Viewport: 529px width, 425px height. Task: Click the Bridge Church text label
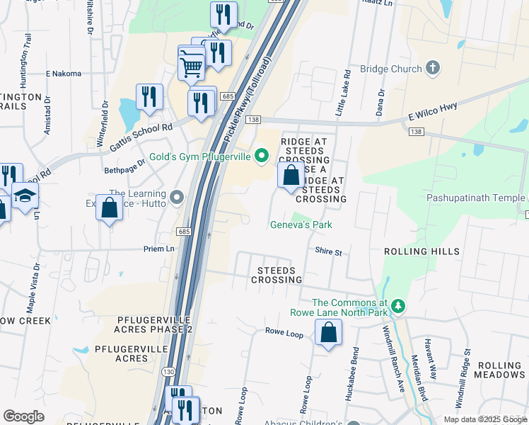(390, 69)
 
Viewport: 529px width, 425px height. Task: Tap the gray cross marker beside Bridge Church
(432, 69)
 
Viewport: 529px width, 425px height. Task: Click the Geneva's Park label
(301, 225)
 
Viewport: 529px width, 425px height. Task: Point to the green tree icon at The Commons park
(399, 306)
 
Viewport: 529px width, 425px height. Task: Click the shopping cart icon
(192, 67)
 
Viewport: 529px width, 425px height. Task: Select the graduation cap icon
(25, 196)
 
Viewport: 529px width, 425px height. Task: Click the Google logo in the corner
(23, 416)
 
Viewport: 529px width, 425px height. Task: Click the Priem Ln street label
(159, 249)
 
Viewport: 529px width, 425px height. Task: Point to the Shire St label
(328, 252)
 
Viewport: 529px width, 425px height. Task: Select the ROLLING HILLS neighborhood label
(422, 251)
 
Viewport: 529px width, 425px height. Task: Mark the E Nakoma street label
(64, 73)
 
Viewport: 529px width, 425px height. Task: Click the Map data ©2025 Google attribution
(484, 419)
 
